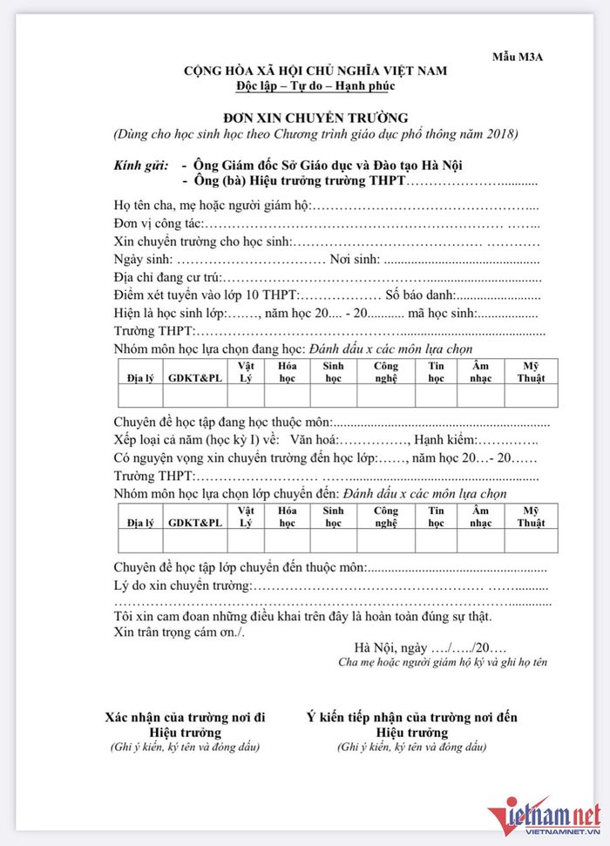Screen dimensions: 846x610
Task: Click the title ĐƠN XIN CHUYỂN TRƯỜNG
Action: click(315, 118)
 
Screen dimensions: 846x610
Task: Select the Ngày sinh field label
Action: click(144, 260)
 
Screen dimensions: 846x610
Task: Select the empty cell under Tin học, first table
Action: click(436, 396)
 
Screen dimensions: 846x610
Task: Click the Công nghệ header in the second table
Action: click(385, 517)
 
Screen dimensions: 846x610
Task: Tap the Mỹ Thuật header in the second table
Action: click(531, 517)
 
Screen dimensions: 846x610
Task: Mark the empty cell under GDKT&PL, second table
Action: click(195, 540)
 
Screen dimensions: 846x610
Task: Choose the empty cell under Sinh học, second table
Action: click(333, 540)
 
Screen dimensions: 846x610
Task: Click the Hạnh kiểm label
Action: click(444, 440)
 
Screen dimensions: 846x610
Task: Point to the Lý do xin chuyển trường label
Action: click(182, 585)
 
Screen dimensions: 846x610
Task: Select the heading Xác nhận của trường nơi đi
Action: click(185, 718)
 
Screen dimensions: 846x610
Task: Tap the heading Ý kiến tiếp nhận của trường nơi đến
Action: click(411, 718)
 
